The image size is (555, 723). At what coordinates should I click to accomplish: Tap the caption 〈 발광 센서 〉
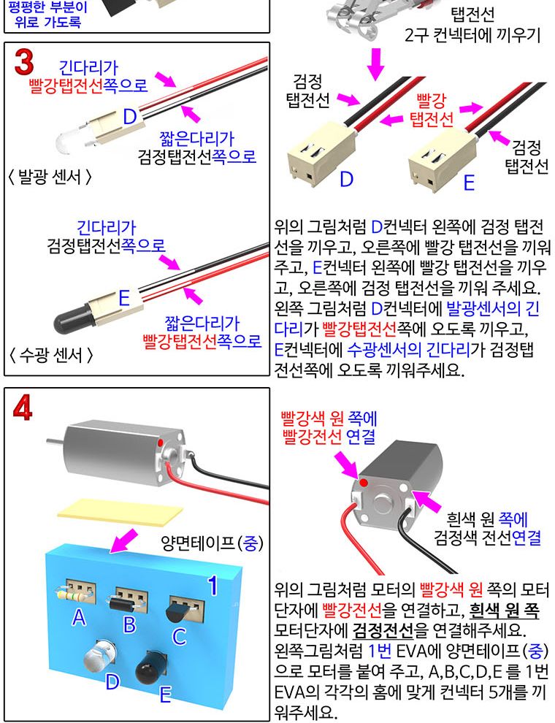[50, 177]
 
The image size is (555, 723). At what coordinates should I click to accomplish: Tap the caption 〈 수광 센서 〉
[50, 356]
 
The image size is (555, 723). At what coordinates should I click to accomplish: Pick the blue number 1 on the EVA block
[213, 584]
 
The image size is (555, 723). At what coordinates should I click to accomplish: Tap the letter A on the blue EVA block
[79, 618]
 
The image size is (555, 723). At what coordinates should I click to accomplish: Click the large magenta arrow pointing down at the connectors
[376, 63]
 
